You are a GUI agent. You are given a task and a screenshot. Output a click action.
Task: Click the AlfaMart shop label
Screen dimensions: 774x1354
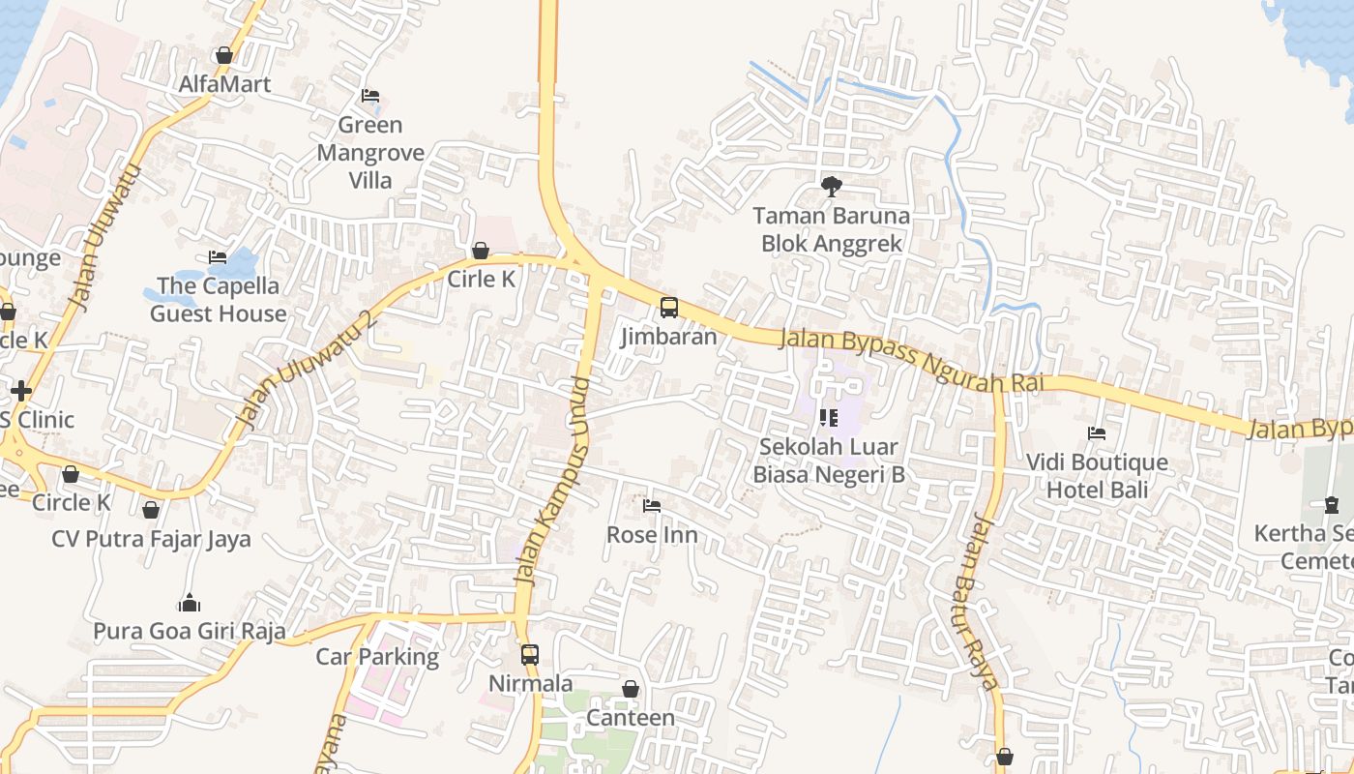(x=224, y=84)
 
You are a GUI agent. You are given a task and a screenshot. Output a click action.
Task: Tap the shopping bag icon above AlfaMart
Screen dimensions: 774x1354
(x=224, y=56)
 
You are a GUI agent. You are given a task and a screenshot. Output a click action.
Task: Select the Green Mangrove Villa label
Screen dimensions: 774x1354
(x=370, y=153)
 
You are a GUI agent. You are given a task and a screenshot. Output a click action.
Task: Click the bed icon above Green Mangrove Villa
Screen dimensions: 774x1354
(x=369, y=96)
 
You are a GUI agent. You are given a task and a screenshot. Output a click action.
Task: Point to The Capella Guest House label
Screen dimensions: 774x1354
(x=218, y=300)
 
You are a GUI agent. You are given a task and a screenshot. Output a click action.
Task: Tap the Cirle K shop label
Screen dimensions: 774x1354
(x=481, y=280)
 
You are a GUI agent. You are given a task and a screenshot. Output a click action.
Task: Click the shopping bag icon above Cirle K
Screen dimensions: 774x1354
(x=481, y=252)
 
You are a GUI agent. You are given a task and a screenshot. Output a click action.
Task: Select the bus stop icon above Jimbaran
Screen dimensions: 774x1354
(x=668, y=308)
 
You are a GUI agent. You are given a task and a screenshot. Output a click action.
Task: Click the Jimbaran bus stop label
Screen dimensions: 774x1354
(x=668, y=337)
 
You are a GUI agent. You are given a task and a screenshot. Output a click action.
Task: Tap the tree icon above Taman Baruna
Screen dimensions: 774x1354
(x=831, y=187)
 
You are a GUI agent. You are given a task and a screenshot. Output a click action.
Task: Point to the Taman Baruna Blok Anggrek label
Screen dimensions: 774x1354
(x=831, y=230)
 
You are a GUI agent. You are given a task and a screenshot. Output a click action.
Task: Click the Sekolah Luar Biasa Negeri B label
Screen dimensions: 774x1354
(x=828, y=461)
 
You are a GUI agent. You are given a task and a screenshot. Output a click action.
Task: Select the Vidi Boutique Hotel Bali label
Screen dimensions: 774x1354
(x=1097, y=476)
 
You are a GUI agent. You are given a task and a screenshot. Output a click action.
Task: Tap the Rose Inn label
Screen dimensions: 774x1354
(x=651, y=535)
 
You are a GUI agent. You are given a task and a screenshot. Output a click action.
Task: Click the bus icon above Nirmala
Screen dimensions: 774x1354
(x=530, y=654)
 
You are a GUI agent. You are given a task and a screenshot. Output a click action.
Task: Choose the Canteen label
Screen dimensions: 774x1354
(x=631, y=718)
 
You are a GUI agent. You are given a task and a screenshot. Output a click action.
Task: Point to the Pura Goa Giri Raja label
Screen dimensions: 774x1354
(x=190, y=632)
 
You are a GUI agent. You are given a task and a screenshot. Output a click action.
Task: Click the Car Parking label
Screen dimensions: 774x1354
(x=377, y=657)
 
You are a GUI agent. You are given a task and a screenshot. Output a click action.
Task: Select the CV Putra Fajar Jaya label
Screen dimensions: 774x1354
(x=151, y=539)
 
